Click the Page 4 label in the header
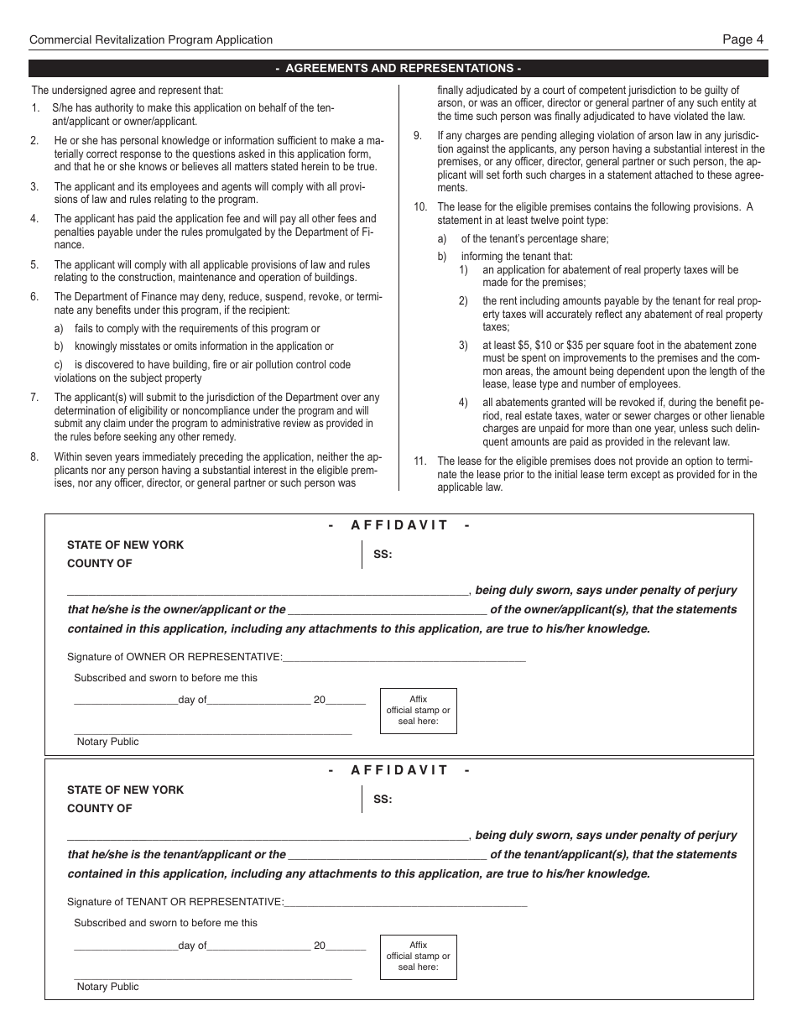pyautogui.click(x=742, y=39)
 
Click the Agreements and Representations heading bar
pyautogui.click(x=398, y=69)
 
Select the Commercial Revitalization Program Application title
pyautogui.click(x=151, y=39)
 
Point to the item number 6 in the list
pyautogui.click(x=34, y=296)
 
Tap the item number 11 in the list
pyautogui.click(x=420, y=461)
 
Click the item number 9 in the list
pyautogui.click(x=418, y=135)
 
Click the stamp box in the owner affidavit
pyautogui.click(x=418, y=711)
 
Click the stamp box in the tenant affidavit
pyautogui.click(x=418, y=956)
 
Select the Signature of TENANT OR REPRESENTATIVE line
pyautogui.click(x=405, y=904)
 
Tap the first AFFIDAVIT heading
pyautogui.click(x=399, y=525)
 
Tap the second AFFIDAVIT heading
pyautogui.click(x=399, y=770)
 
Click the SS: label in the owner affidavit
pyautogui.click(x=383, y=555)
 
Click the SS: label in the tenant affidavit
pyautogui.click(x=383, y=800)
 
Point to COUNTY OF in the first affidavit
pyautogui.click(x=99, y=564)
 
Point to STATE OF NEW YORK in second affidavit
pyautogui.click(x=125, y=790)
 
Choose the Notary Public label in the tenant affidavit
pyautogui.click(x=107, y=987)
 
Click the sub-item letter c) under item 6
pyautogui.click(x=59, y=365)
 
